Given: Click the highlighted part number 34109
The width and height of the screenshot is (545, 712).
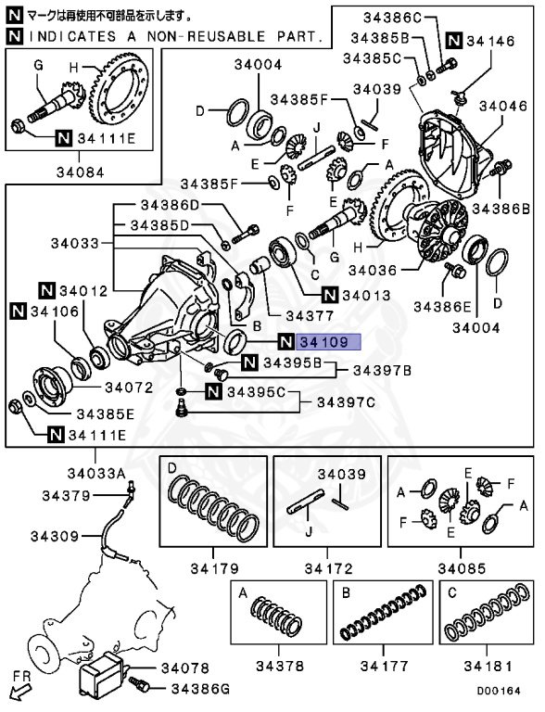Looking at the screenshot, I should tap(323, 342).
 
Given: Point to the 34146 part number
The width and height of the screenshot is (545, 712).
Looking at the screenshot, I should tap(494, 41).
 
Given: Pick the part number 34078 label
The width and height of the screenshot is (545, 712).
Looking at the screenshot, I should tap(185, 667).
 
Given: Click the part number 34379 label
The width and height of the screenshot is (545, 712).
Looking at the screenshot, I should tap(66, 496).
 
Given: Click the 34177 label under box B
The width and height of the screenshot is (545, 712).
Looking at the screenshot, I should tap(385, 665).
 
